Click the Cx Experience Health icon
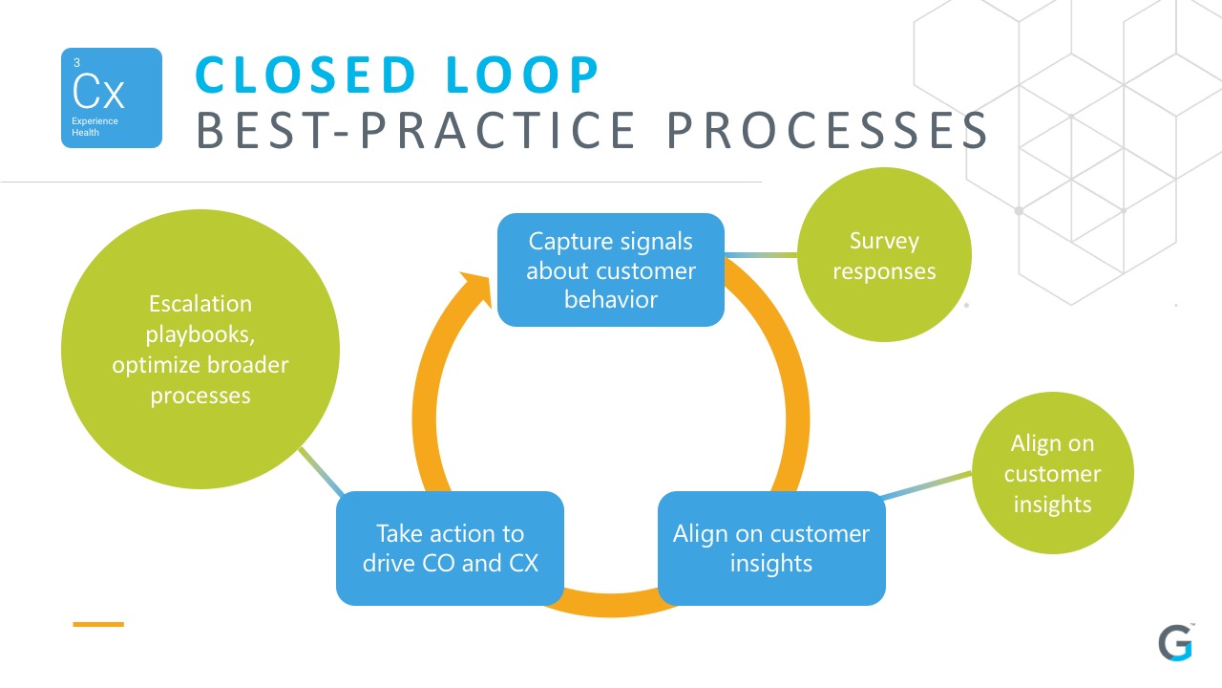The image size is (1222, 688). (x=112, y=98)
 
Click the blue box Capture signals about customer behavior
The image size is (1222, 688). (x=610, y=269)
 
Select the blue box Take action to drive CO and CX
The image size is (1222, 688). (x=450, y=548)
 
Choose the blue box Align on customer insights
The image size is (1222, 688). (x=771, y=548)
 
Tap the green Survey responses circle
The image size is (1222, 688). (x=884, y=255)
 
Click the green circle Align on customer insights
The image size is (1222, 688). (x=1052, y=473)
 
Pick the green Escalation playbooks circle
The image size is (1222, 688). (x=200, y=350)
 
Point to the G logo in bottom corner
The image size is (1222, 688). (x=1175, y=644)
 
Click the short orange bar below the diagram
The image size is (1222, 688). (x=98, y=624)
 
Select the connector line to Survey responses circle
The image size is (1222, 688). (x=761, y=255)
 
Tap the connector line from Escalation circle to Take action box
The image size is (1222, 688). (x=321, y=472)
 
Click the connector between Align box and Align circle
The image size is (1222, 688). (x=926, y=484)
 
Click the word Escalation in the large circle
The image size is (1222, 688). (x=200, y=304)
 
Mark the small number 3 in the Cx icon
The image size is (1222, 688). (x=76, y=63)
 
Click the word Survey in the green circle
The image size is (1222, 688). (x=884, y=241)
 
